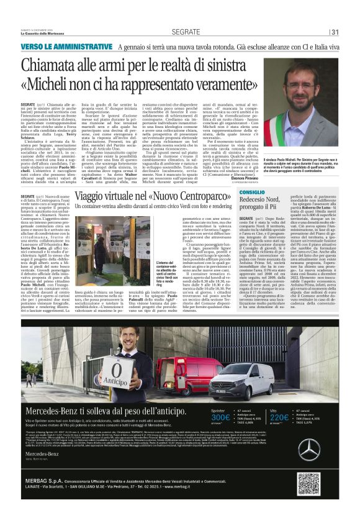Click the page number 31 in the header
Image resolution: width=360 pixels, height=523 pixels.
(335, 32)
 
